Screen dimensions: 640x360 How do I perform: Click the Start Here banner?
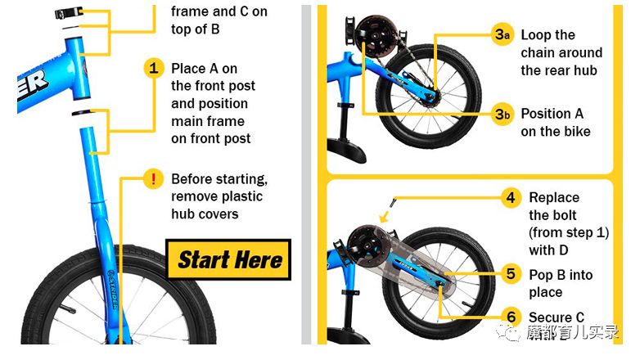(x=228, y=259)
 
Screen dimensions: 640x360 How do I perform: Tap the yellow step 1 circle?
(x=154, y=68)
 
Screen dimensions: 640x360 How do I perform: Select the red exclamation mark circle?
(x=154, y=179)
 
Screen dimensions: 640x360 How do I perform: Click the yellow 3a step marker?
(x=503, y=34)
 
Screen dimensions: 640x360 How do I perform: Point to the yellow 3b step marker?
(x=503, y=114)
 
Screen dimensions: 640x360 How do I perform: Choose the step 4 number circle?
(x=511, y=198)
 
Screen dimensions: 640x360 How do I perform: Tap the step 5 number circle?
(x=511, y=274)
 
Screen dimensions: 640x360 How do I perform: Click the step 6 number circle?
(x=511, y=317)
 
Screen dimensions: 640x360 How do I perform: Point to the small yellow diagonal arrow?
(x=384, y=217)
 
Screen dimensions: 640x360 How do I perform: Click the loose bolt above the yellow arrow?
(x=394, y=202)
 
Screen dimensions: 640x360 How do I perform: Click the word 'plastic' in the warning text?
(x=242, y=196)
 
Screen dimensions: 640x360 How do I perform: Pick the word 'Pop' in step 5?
(x=541, y=276)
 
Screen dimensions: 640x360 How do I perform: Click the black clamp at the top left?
(x=69, y=13)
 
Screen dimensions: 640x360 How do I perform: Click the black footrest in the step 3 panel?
(x=345, y=149)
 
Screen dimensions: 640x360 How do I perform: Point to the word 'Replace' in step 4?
(x=554, y=198)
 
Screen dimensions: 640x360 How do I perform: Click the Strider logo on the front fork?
(x=112, y=289)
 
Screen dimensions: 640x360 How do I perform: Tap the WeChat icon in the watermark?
(x=507, y=331)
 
